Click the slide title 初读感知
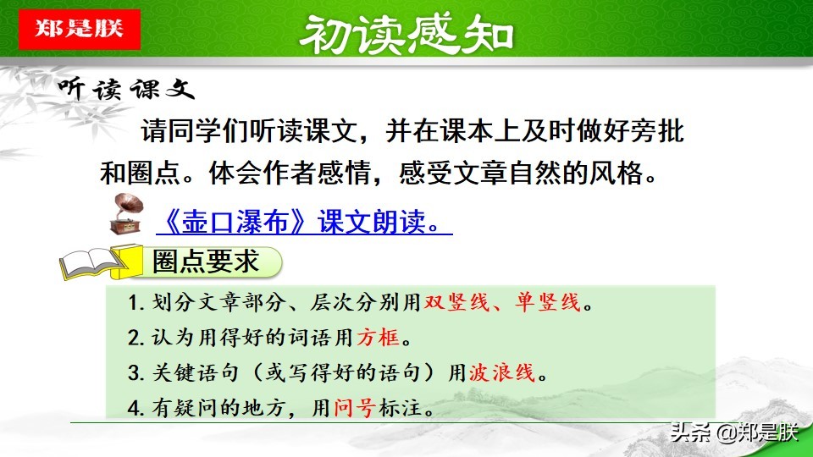[406, 34]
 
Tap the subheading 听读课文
[126, 90]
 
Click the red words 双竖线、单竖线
[504, 303]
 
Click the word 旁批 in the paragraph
[661, 132]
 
